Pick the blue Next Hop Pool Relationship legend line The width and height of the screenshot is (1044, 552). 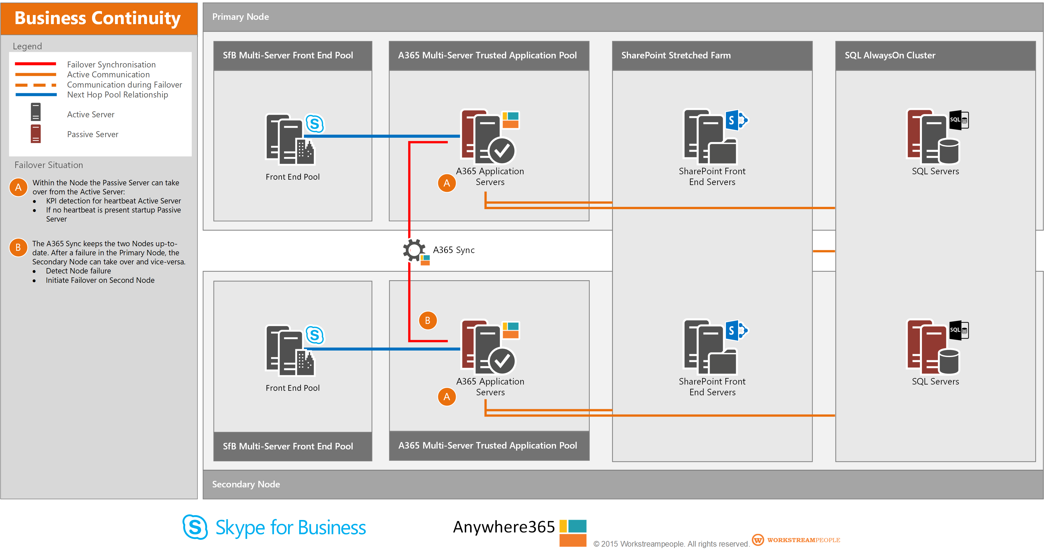tap(36, 94)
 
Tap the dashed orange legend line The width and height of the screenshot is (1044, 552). tap(36, 85)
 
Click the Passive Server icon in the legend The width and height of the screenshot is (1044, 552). tap(36, 134)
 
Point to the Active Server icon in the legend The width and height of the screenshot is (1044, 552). tap(36, 112)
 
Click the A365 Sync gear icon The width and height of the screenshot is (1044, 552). tap(414, 250)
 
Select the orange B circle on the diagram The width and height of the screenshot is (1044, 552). tap(428, 320)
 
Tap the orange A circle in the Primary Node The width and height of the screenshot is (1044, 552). tap(447, 183)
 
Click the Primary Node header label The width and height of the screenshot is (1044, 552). tap(240, 17)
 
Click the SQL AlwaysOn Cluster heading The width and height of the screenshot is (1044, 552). tap(890, 56)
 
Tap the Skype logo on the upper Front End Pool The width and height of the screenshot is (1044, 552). tap(315, 124)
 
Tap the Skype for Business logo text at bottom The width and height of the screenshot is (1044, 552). tap(290, 528)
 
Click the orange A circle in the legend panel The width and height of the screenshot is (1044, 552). tap(18, 187)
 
